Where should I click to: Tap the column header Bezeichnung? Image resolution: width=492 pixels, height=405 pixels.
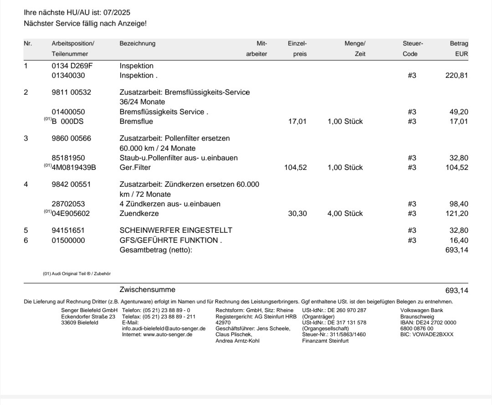(137, 44)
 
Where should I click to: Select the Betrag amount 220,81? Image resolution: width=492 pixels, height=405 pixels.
(457, 75)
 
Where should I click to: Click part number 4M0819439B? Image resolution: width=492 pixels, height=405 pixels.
(78, 167)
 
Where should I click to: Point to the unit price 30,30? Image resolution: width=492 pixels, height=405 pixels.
(298, 213)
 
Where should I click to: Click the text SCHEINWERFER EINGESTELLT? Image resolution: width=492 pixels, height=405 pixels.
(175, 230)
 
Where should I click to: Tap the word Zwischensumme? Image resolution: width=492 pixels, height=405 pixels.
(147, 289)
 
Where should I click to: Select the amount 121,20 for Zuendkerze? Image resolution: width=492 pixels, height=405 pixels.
(457, 213)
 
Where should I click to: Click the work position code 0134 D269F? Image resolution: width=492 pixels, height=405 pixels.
(72, 66)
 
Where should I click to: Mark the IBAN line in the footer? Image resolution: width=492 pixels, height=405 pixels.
(428, 322)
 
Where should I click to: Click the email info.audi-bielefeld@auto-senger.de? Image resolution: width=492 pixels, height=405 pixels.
(164, 328)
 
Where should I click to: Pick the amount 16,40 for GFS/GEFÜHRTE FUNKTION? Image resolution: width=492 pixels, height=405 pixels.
(459, 240)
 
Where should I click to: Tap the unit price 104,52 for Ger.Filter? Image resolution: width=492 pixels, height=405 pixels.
(296, 167)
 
